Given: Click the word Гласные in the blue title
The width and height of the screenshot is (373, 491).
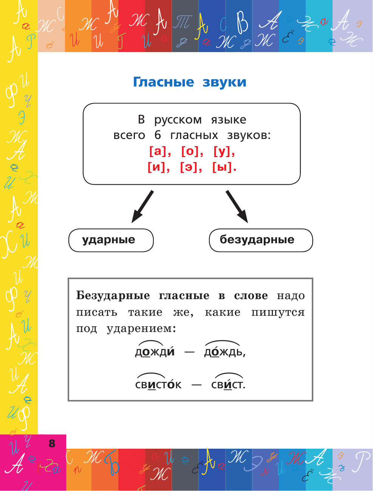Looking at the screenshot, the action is [163, 82].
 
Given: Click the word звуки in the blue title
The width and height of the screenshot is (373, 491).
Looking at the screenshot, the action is [224, 82].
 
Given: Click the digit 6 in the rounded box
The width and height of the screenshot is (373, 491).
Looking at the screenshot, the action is [158, 135].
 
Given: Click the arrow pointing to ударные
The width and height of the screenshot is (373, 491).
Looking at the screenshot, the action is [142, 207].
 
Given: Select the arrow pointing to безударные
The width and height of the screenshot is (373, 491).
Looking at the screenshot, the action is [237, 207].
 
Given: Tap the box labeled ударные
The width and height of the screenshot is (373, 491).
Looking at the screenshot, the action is [111, 240].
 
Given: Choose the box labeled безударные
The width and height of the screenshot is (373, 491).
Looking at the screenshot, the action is [261, 240].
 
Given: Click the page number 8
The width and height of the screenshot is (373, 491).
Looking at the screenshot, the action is [52, 443].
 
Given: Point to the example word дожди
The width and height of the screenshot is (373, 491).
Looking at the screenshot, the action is [155, 352].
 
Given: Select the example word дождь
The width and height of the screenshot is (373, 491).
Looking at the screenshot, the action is [224, 352].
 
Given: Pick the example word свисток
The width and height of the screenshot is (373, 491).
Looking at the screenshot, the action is [158, 384].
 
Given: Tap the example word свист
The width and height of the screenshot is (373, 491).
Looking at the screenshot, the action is [228, 384].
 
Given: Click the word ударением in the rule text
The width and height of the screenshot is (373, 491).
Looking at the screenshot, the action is [141, 329].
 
